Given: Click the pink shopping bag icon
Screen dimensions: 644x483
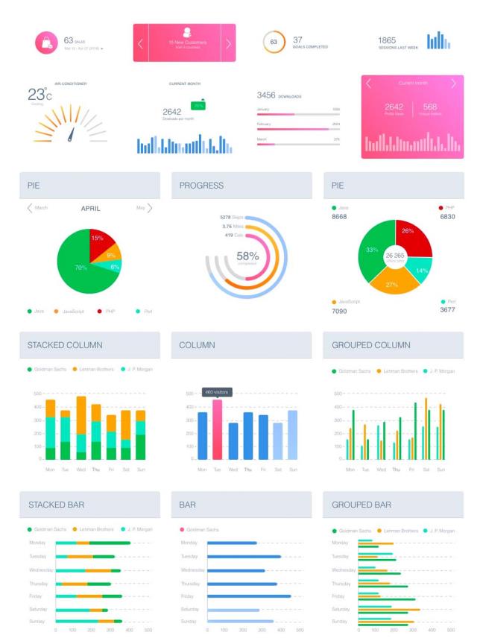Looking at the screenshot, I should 46,42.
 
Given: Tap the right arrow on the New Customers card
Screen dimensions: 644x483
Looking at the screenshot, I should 228,42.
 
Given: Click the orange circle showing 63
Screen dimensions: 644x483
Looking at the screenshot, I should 274,42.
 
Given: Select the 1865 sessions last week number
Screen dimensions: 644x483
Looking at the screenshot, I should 387,40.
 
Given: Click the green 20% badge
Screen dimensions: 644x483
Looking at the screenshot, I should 198,106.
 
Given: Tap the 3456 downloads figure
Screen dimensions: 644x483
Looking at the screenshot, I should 266,95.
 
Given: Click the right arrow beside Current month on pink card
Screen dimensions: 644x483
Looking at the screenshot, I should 453,83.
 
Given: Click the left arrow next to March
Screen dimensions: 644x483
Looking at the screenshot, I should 31,208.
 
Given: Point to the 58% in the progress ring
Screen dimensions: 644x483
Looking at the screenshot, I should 247,256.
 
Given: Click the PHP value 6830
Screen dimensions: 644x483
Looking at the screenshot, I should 446,217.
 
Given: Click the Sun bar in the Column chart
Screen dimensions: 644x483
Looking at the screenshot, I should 292,435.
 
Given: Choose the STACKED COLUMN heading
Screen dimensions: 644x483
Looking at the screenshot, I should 65,345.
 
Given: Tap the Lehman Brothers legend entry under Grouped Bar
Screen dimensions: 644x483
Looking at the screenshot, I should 400,530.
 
